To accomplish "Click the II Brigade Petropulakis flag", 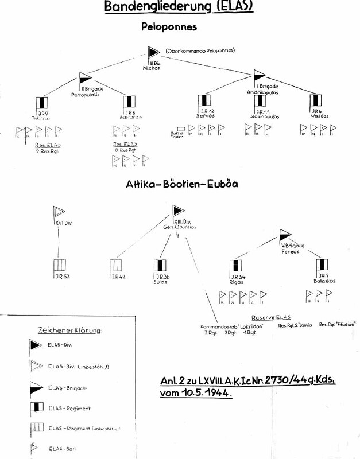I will pos(84,80).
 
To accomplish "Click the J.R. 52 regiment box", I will pos(59,266).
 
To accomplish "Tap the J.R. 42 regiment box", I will pos(115,266).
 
